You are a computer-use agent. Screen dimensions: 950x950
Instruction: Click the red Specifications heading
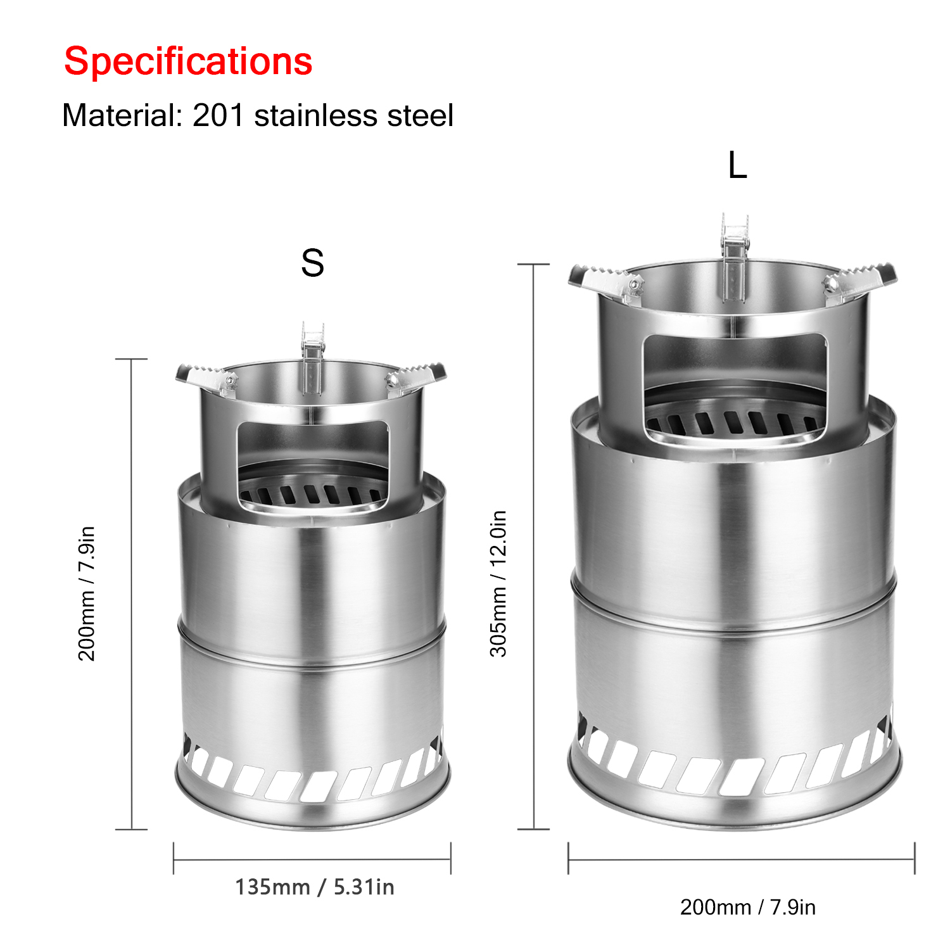click(x=188, y=62)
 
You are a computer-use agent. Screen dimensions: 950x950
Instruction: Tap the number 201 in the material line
click(x=218, y=115)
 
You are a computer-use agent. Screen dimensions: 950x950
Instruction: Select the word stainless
click(x=316, y=115)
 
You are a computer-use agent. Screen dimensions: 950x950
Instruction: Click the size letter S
click(x=312, y=263)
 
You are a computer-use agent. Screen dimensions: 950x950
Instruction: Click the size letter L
click(x=738, y=166)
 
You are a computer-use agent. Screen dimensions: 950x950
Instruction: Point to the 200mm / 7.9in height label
click(x=86, y=593)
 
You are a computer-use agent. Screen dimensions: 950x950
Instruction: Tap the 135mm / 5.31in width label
click(x=315, y=887)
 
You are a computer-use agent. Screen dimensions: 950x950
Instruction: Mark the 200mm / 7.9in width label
click(x=748, y=907)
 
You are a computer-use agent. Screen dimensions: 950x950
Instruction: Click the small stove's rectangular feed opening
click(x=313, y=465)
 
